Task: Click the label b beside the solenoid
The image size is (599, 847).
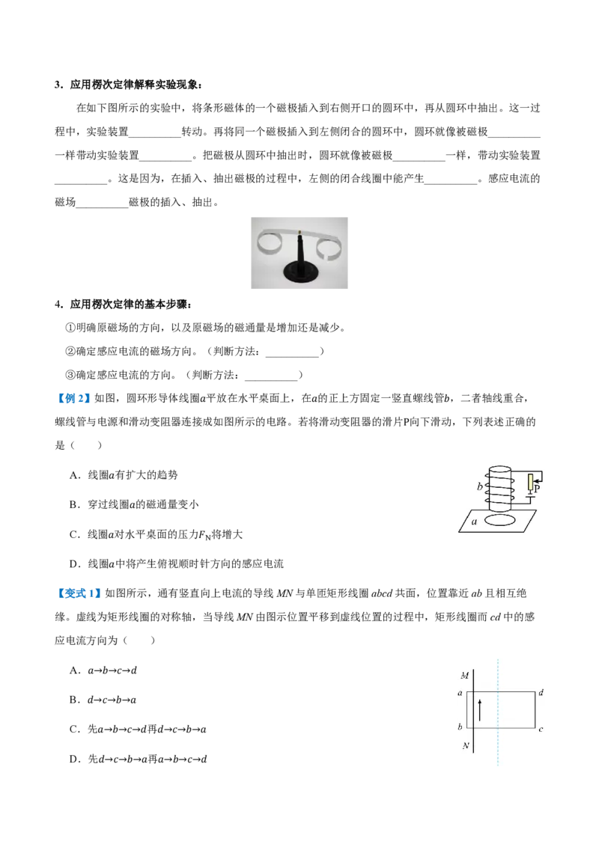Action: pos(479,486)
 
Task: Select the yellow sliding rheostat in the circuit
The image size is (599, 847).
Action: pos(531,482)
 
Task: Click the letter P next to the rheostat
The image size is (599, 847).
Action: pos(537,488)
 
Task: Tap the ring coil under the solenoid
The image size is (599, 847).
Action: pos(501,520)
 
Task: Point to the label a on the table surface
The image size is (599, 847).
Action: pos(474,522)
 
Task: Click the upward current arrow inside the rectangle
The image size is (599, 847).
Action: pos(479,709)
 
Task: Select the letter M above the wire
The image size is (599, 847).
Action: pos(464,675)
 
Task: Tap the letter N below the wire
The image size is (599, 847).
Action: pos(466,746)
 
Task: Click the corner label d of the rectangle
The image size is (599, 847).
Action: pos(541,692)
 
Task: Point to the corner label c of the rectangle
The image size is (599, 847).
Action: pos(541,730)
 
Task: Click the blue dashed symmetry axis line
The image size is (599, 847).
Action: pos(497,712)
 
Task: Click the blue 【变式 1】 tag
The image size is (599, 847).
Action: pos(78,593)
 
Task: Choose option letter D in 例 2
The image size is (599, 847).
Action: pos(74,564)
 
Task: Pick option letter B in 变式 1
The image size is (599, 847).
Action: pos(73,700)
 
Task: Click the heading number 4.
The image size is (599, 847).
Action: pos(58,304)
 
